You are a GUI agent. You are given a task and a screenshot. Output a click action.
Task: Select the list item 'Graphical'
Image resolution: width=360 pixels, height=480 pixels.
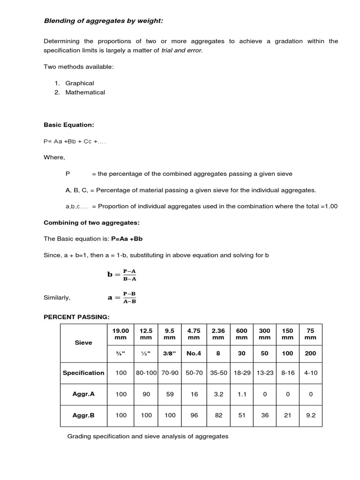pos(80,83)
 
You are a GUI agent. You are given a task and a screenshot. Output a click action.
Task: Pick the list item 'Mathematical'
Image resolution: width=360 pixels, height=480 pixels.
pos(85,92)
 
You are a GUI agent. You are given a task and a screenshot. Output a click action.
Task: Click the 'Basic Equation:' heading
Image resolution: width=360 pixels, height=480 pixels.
pos(69,125)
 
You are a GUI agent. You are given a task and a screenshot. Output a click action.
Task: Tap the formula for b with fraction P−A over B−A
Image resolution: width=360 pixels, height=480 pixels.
pos(122,275)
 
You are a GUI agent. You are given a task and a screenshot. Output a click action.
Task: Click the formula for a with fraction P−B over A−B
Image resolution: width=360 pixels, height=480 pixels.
pos(122,297)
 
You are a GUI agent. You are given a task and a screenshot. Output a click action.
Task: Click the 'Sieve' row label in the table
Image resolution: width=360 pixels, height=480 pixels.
pos(83,343)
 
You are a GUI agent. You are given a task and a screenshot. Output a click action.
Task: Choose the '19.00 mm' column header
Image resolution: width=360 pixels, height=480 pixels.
pos(121,334)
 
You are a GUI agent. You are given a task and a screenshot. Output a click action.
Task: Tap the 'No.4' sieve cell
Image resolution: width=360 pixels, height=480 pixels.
pos(194,353)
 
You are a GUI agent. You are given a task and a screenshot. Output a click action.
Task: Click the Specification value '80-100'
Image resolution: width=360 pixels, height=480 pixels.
pos(146,373)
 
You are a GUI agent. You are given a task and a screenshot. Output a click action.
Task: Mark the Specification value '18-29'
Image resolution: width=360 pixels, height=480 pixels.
pos(241,373)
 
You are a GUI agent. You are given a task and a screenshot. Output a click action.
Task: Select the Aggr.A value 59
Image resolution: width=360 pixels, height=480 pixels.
pos(170,394)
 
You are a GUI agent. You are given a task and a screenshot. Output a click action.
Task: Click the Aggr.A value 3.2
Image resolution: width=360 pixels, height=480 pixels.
pos(218,394)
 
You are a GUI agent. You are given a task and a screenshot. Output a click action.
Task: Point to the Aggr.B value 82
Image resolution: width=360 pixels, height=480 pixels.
pos(218,415)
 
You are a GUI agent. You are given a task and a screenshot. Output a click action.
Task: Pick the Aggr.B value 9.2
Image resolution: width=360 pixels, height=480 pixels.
pos(310,415)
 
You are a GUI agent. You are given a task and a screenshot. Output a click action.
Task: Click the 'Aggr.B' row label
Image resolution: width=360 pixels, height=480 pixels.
pos(83,415)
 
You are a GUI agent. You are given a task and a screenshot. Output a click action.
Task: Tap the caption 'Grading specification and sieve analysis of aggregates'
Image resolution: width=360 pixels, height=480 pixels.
pos(148,436)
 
